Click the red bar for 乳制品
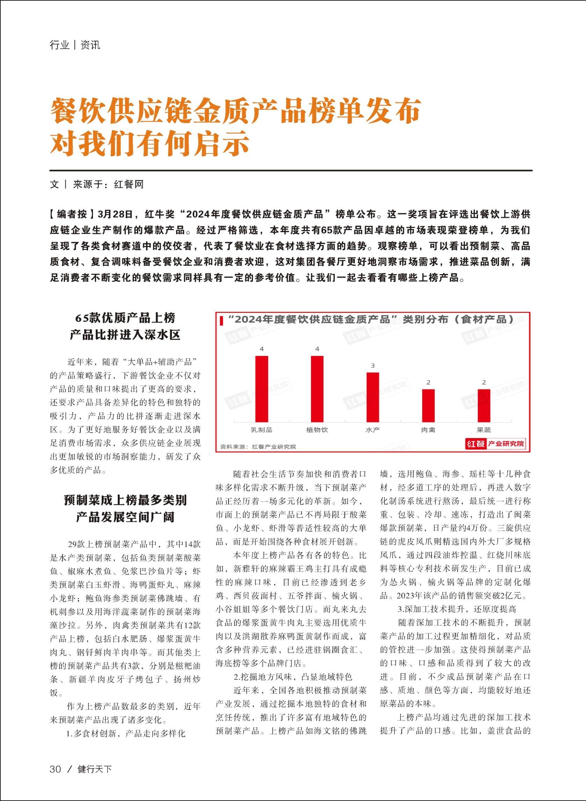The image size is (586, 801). [262, 388]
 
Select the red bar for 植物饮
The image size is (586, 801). [317, 388]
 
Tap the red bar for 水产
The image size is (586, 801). [372, 396]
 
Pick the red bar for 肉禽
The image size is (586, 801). [428, 405]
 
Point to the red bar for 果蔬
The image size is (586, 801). [484, 405]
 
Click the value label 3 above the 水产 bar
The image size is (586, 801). [373, 366]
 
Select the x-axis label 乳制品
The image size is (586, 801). [261, 430]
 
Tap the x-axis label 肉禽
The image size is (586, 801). [428, 430]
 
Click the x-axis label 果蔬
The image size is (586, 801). [484, 430]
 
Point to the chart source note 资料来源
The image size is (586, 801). [258, 446]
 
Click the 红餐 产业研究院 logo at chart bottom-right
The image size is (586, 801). [495, 444]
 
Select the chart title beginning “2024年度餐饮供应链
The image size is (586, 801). [367, 319]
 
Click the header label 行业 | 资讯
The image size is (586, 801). [75, 45]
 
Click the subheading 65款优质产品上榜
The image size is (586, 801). [125, 317]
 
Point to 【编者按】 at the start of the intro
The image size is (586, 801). [72, 214]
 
